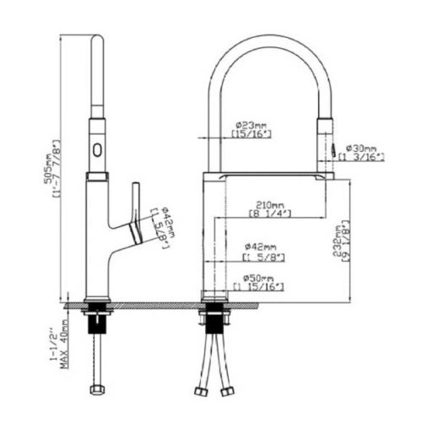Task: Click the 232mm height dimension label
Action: [x=338, y=240]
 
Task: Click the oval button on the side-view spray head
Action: [x=96, y=152]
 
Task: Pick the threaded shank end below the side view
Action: [x=96, y=389]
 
